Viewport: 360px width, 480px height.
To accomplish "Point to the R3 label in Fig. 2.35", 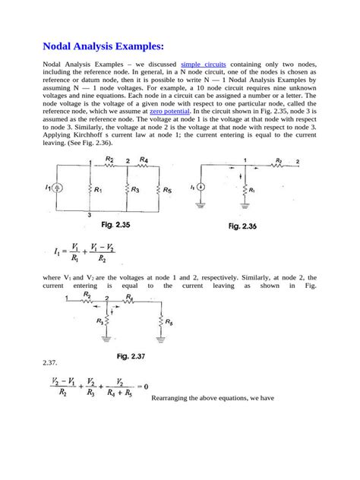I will tap(134, 191).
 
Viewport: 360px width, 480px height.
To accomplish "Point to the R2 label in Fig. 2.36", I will tap(279, 160).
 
